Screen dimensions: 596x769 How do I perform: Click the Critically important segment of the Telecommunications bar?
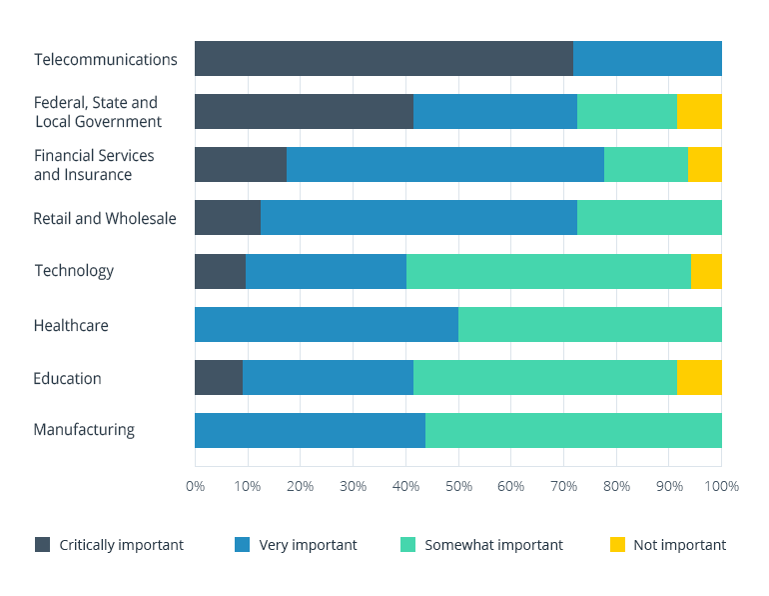coord(384,59)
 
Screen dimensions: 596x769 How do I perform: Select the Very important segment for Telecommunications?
coord(647,59)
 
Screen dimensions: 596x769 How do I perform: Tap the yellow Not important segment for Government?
coord(699,112)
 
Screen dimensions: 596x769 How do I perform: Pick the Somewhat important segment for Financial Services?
coord(646,164)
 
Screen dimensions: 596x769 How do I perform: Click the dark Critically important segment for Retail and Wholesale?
coord(228,217)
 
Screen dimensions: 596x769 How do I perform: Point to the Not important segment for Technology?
coord(706,271)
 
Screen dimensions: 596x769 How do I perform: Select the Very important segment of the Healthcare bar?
coord(327,325)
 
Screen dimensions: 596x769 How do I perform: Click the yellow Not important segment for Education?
coord(699,378)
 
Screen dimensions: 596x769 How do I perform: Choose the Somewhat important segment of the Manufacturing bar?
coord(573,430)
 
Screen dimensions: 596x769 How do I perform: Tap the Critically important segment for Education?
coord(219,378)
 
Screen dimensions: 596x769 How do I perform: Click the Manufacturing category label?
coord(84,430)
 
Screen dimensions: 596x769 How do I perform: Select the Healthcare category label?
coord(71,325)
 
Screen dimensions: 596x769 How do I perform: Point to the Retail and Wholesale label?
coord(105,218)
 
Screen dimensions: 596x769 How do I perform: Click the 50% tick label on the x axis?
coord(458,487)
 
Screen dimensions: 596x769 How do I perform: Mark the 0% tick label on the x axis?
coord(195,487)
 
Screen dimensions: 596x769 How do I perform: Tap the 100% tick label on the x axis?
coord(721,487)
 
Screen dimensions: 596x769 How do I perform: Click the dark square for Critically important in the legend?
coord(42,545)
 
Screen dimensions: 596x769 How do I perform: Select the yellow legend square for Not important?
coord(617,545)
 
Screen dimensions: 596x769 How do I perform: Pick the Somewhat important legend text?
coord(493,545)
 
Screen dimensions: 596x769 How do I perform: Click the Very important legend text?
coord(308,545)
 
